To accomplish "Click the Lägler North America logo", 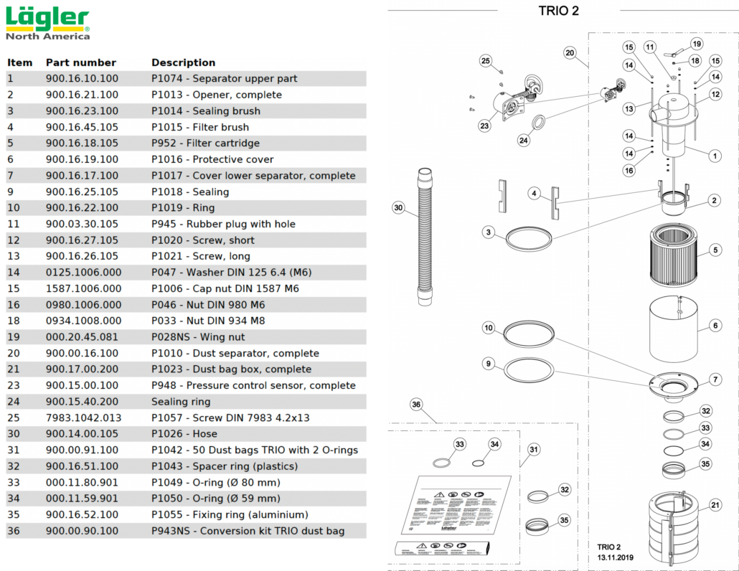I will click(47, 24).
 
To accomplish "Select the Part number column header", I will click(80, 62).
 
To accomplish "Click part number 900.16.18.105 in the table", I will click(82, 143).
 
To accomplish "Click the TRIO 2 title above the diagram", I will click(558, 11).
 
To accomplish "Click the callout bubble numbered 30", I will click(399, 208).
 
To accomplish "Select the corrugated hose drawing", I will click(424, 237).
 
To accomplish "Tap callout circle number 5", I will click(715, 250).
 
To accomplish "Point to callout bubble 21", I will click(715, 506).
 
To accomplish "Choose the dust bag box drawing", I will click(675, 527).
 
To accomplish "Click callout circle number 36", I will click(416, 405).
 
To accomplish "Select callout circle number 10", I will click(489, 329).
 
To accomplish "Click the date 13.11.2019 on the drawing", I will click(616, 557).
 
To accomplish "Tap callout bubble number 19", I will click(697, 44).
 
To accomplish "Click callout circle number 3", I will click(489, 232).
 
